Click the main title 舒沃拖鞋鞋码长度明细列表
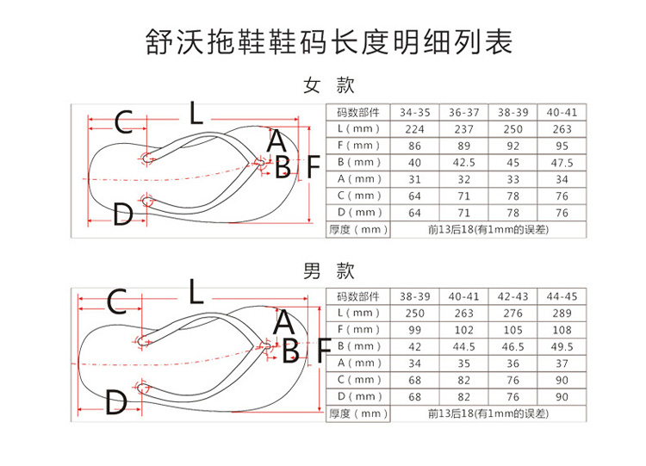pos(329,41)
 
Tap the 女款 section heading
pos(328,85)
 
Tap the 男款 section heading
pos(328,270)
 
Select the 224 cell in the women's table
pos(414,129)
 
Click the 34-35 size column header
pos(414,113)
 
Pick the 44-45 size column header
pos(562,296)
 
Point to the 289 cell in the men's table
pos(562,314)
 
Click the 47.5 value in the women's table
pos(562,163)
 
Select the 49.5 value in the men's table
pos(562,347)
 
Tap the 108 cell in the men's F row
pos(562,330)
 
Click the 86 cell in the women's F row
pos(414,146)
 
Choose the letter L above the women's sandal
pos(196,113)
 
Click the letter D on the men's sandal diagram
pos(115,401)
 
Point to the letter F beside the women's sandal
pos(314,167)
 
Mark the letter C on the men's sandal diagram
pos(116,301)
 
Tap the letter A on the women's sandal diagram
pos(276,140)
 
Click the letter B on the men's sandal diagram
pos(291,350)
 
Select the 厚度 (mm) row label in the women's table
pos(358,229)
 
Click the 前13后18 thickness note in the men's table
pos(488,413)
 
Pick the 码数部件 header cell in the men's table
pos(358,296)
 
